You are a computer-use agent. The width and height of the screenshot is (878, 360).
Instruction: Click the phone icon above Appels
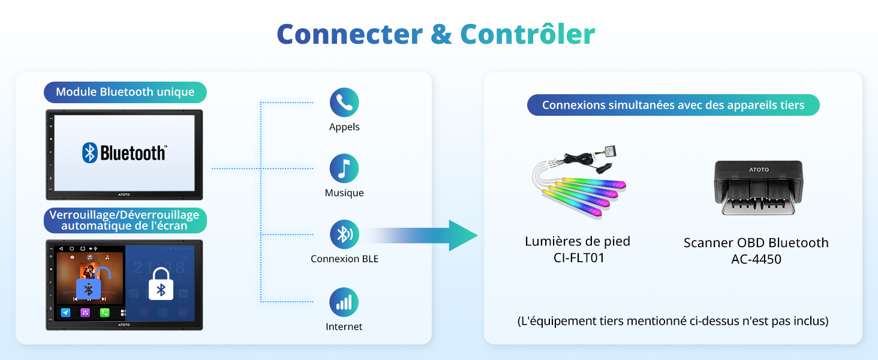pyautogui.click(x=344, y=103)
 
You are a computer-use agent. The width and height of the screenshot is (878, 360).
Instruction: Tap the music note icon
pyautogui.click(x=344, y=169)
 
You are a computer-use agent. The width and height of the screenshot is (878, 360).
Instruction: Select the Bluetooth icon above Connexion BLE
pyautogui.click(x=344, y=235)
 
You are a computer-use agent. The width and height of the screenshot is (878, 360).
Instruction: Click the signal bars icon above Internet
pyautogui.click(x=344, y=302)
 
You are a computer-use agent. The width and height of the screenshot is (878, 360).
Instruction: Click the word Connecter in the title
pyautogui.click(x=350, y=34)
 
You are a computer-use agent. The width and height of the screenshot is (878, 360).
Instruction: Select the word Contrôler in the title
pyautogui.click(x=528, y=34)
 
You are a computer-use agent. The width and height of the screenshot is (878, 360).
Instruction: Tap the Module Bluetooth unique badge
pyautogui.click(x=125, y=92)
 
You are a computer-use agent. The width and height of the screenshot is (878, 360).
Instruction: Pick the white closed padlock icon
pyautogui.click(x=161, y=284)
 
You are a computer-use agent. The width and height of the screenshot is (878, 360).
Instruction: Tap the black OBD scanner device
pyautogui.click(x=758, y=189)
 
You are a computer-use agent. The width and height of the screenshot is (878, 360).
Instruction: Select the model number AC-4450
pyautogui.click(x=756, y=260)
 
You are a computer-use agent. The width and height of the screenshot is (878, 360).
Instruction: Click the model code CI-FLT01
pyautogui.click(x=578, y=259)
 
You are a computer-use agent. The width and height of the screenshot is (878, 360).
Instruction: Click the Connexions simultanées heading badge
pyautogui.click(x=673, y=106)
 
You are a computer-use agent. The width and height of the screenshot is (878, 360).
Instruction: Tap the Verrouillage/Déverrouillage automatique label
pyautogui.click(x=125, y=220)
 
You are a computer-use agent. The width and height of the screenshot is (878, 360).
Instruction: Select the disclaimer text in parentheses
pyautogui.click(x=673, y=321)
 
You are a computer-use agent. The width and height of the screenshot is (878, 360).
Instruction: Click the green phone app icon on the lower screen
pyautogui.click(x=104, y=313)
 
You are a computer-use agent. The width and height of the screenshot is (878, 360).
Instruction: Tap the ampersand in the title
pyautogui.click(x=441, y=34)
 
